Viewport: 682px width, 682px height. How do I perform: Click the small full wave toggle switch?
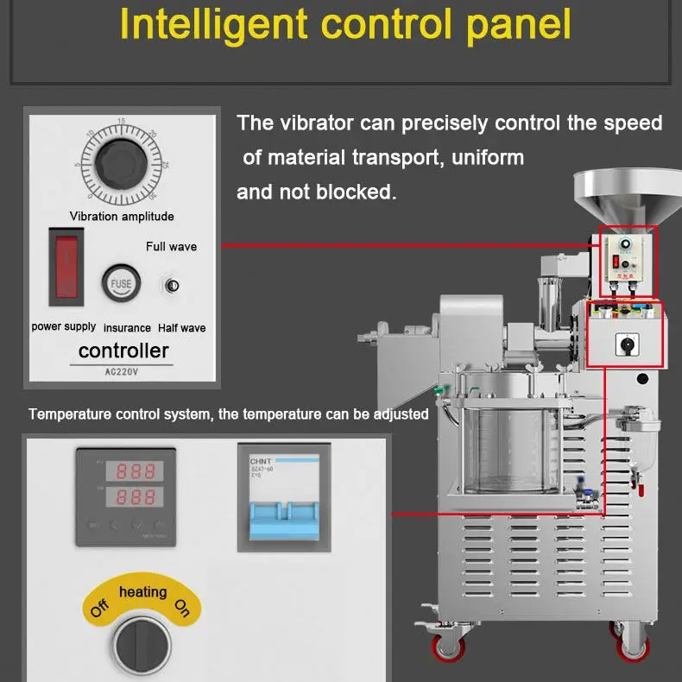(x=171, y=286)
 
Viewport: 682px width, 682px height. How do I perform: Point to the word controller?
(x=123, y=350)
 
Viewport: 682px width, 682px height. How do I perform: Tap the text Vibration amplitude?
(x=122, y=216)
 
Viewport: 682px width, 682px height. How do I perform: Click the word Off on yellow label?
(x=100, y=609)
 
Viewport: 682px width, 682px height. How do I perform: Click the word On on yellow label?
(x=182, y=609)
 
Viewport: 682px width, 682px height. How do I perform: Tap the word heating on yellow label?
(x=142, y=592)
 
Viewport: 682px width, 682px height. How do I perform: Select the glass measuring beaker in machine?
(x=509, y=453)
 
